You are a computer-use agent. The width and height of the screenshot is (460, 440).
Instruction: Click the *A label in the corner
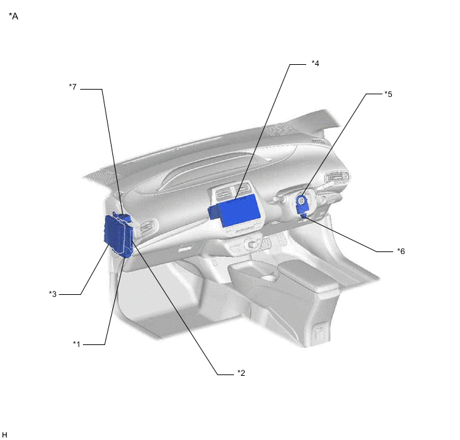pos(13,16)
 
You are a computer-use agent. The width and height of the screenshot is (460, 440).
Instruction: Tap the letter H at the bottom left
pos(5,435)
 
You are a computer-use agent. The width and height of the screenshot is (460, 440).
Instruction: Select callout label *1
pos(77,344)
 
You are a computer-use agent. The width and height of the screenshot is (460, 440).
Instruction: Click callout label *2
pos(241,373)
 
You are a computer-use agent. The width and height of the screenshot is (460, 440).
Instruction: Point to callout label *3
pos(53,294)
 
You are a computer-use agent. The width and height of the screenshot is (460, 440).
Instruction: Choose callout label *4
pos(316,64)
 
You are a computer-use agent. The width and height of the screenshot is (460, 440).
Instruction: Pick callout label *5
pos(388,94)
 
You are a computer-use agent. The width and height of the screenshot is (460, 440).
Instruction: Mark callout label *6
pos(401,251)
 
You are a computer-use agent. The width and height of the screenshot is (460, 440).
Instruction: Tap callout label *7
pos(73,87)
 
